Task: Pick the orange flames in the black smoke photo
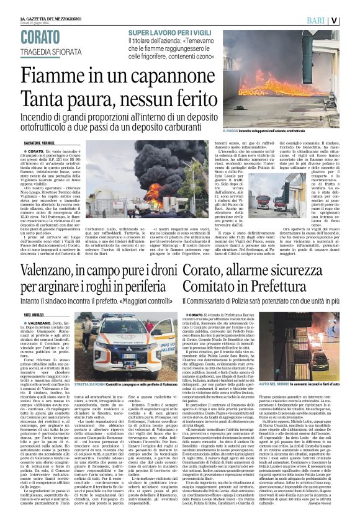click(x=151, y=192)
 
